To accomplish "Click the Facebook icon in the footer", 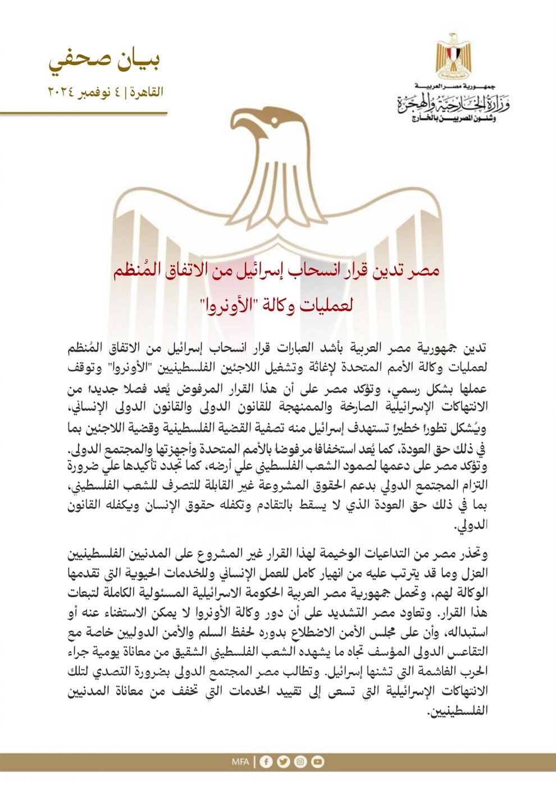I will (266, 762).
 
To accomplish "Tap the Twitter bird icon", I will (284, 762).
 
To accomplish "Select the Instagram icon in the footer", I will (300, 762).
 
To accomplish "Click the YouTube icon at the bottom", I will (318, 762).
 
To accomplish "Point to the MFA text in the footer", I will (240, 762).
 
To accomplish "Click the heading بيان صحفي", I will (104, 61).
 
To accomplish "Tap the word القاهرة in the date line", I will (146, 92).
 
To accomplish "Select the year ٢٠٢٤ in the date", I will (62, 92).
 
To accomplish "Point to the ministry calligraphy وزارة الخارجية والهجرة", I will (453, 104).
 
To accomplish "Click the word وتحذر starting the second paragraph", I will (472, 555).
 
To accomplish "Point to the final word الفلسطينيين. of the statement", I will (458, 711).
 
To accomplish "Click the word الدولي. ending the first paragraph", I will (473, 527).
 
